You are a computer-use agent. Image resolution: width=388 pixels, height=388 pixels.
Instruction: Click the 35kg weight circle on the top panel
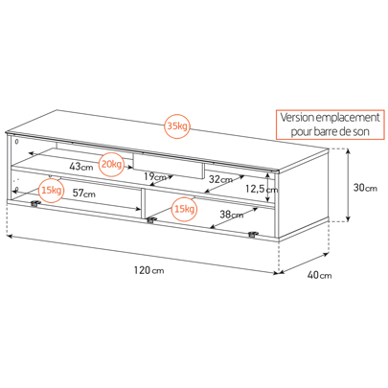177,126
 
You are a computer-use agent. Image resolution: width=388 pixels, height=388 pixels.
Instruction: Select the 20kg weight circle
111,165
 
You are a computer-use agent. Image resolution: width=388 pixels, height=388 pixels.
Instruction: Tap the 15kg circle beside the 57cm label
51,191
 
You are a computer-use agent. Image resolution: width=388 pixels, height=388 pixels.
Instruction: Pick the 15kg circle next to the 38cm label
184,210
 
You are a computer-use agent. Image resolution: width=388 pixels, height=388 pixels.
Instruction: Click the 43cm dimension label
81,167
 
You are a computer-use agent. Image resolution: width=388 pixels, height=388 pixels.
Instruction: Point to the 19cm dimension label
155,176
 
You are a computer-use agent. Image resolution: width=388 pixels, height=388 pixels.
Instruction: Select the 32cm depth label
220,179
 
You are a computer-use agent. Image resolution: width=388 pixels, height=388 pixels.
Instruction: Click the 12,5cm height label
262,189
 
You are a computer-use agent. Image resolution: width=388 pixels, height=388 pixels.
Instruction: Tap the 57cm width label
83,194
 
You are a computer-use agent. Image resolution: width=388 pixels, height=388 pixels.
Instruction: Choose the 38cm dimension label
231,215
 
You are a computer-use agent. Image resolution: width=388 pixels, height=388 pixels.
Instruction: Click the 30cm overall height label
365,188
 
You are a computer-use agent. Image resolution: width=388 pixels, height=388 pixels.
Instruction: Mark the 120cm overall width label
148,270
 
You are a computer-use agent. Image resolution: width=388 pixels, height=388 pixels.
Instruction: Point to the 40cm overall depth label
319,275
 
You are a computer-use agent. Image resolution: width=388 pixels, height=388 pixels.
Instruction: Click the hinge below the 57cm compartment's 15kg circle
35,204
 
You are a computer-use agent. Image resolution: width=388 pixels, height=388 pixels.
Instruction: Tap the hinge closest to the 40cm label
253,235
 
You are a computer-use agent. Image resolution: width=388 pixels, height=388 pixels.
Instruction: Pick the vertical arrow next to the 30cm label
349,185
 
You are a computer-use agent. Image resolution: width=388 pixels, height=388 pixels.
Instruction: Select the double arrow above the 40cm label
304,263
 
